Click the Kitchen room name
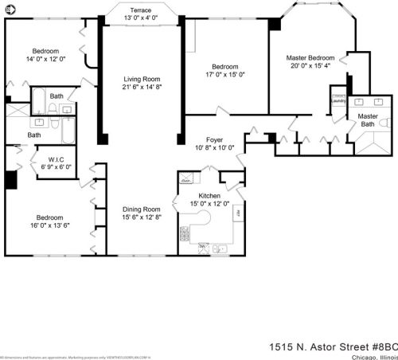click(209, 195)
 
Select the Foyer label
click(215, 139)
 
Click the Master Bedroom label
click(311, 58)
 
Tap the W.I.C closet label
click(57, 158)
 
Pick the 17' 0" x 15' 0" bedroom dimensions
click(225, 75)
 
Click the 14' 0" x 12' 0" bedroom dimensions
click(45, 59)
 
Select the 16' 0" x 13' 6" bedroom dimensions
click(50, 225)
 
